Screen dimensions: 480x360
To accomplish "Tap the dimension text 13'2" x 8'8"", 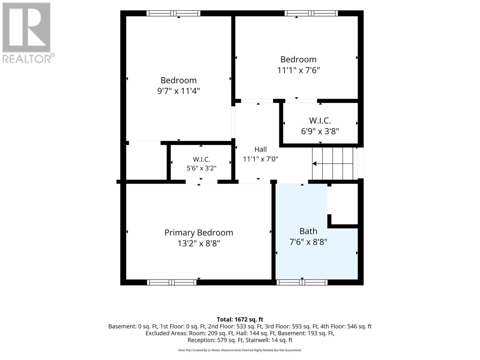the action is (x=199, y=243).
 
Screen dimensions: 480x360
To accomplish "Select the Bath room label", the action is (x=308, y=231).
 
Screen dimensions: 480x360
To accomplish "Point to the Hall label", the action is (x=260, y=149).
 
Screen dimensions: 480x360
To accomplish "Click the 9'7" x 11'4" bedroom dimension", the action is (x=178, y=91).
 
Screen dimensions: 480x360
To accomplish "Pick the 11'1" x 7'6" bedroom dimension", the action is (x=298, y=70).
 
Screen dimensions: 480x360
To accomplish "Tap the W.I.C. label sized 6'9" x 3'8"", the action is (x=320, y=121).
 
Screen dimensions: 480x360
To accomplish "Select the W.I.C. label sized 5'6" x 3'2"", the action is (x=201, y=159).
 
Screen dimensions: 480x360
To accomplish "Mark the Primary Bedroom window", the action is (x=172, y=282).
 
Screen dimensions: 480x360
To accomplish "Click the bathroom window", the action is (x=302, y=282).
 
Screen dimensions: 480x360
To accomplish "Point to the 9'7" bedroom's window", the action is (x=173, y=13).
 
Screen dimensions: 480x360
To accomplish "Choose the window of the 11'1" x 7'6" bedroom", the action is (x=311, y=13).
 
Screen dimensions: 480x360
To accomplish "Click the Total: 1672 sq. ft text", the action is (x=240, y=319).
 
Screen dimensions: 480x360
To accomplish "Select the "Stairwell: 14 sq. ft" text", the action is (x=269, y=340).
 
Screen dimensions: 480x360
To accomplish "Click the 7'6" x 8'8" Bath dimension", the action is (x=308, y=242).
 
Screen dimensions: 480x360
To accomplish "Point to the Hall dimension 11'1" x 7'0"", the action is (x=260, y=159).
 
